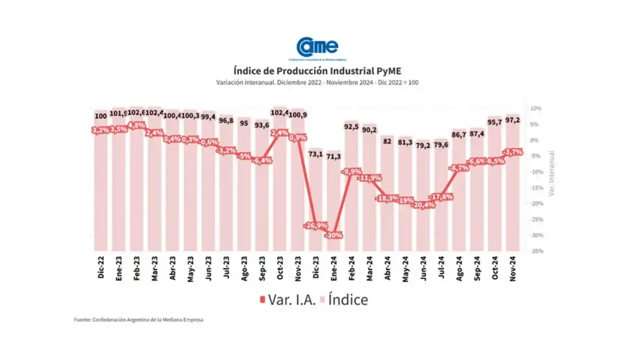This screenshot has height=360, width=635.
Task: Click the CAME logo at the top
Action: coord(317,47)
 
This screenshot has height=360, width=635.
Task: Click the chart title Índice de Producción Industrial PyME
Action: coord(317,70)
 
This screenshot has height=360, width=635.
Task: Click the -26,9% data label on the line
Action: coord(316,226)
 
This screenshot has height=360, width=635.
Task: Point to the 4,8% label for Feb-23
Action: coord(137,125)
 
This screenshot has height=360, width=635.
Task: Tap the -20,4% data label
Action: coord(423,205)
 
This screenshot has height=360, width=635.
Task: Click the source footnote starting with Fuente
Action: coord(139,320)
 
